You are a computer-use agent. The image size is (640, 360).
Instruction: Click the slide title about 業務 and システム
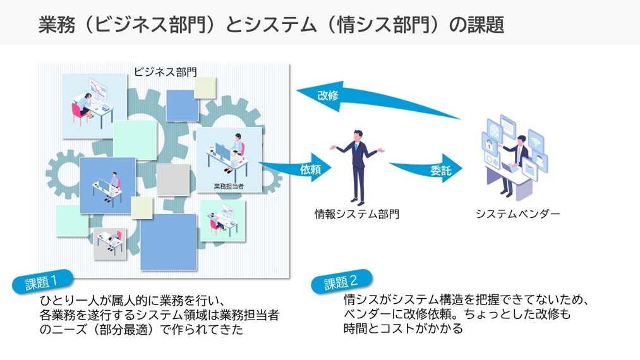271,23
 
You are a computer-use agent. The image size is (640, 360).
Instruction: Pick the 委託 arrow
430,169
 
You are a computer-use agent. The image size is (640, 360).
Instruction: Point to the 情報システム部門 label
357,214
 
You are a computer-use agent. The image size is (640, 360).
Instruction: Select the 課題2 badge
342,282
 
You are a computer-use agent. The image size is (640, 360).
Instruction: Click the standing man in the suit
358,165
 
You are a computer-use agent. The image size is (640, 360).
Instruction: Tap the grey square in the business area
173,179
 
